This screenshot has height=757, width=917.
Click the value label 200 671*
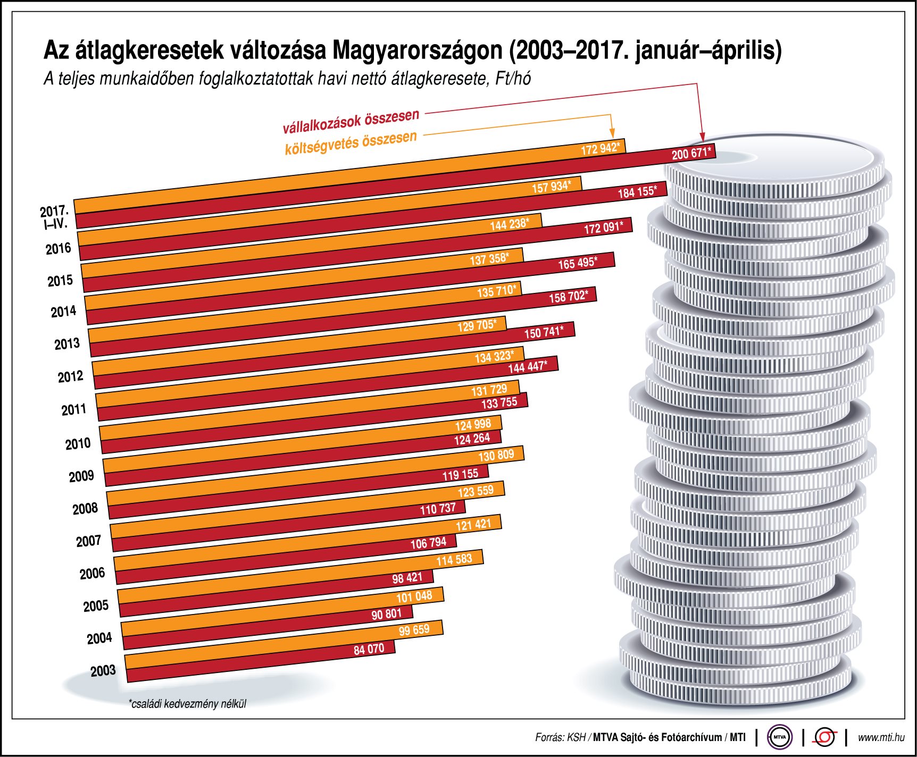click(691, 154)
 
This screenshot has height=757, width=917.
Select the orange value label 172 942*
click(600, 148)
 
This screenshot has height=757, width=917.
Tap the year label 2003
click(103, 671)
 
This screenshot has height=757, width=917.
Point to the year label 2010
click(78, 443)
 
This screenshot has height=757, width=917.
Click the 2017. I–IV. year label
click(55, 217)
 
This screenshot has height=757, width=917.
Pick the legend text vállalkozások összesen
click(351, 122)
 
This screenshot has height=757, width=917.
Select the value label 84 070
click(369, 649)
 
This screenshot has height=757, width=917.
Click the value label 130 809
click(496, 456)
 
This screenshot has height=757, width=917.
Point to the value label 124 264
click(472, 439)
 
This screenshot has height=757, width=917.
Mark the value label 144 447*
click(527, 367)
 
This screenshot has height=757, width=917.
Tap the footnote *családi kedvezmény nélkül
click(187, 704)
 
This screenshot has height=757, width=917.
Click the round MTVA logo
click(779, 737)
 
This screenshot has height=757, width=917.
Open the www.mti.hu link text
click(881, 737)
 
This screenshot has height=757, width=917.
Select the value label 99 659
click(414, 630)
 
